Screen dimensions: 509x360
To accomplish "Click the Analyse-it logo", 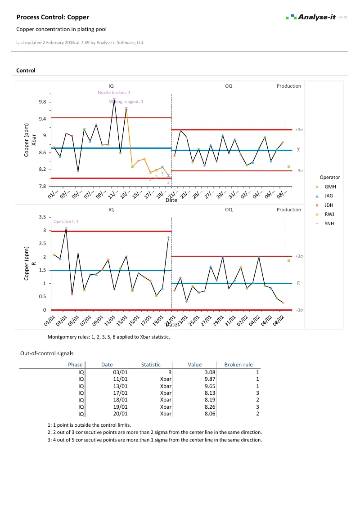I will pyautogui.click(x=311, y=17).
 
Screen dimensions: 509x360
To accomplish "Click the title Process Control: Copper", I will pyautogui.click(x=53, y=17).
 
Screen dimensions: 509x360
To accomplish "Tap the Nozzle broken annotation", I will pyautogui.click(x=114, y=92).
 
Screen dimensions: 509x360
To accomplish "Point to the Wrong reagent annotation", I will pyautogui.click(x=126, y=102).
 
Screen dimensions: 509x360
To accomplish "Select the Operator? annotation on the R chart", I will pyautogui.click(x=66, y=222).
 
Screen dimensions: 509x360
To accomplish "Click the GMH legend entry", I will pyautogui.click(x=330, y=186).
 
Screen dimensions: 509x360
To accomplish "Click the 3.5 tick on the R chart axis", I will pyautogui.click(x=43, y=217).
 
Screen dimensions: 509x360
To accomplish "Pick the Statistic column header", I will pyautogui.click(x=151, y=365).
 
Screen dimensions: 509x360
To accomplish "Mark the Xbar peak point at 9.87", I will pyautogui.click(x=114, y=99).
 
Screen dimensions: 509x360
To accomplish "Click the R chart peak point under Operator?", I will pyautogui.click(x=66, y=229).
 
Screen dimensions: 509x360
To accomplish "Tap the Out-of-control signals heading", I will pyautogui.click(x=47, y=354).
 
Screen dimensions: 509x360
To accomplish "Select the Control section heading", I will pyautogui.click(x=26, y=71).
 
